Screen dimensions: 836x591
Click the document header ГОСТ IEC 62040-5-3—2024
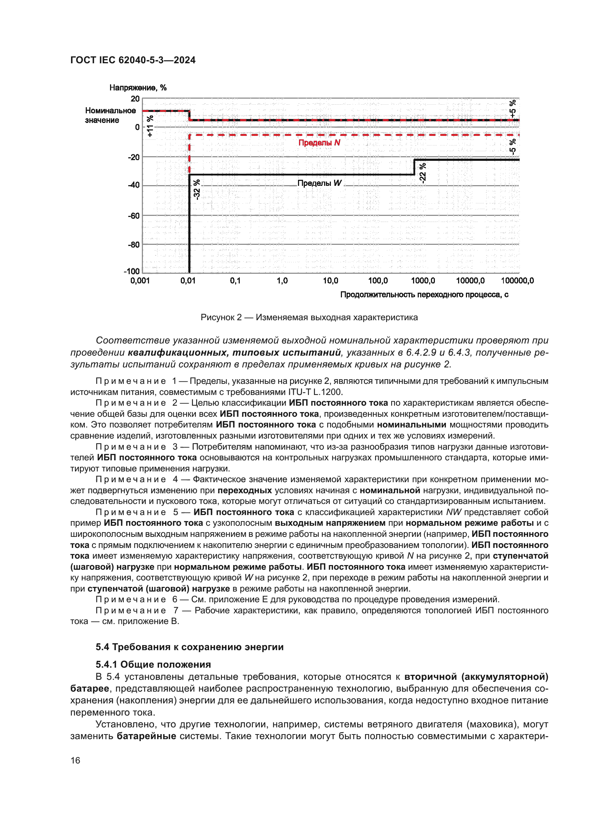133,60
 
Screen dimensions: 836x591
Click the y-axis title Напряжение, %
138,88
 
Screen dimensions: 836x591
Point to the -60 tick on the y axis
134,216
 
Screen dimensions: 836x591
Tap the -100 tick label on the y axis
132,271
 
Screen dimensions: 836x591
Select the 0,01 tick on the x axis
188,281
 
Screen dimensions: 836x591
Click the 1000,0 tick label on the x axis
423,281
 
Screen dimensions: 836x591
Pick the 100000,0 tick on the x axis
517,281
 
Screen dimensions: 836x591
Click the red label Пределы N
319,143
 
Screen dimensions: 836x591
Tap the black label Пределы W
319,183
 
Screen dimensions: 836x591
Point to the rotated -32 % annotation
197,189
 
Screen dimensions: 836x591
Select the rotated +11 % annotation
150,126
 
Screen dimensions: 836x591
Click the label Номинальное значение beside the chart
110,115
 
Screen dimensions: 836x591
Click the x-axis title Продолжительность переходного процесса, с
424,295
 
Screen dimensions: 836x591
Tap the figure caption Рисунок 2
309,317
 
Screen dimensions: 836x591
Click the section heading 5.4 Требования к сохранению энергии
189,647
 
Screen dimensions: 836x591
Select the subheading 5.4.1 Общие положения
153,664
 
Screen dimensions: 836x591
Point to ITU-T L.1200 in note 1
315,392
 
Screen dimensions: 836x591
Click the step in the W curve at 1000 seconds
414,167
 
